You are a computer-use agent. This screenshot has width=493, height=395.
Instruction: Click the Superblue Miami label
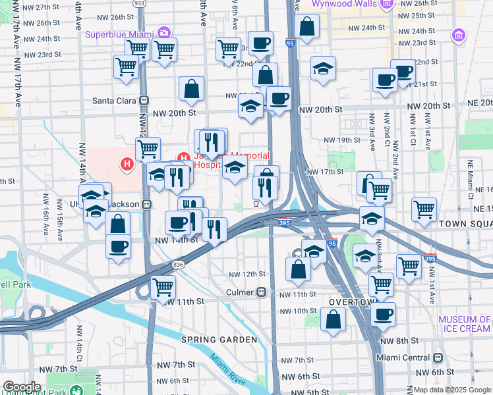coord(119,34)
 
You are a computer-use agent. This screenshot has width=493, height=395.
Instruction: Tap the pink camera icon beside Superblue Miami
coord(163,33)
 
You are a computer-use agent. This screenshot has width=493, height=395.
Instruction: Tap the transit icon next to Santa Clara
coord(143,101)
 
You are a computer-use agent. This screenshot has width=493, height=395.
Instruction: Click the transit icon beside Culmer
coord(262,291)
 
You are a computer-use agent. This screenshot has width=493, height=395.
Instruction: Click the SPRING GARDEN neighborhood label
coord(219,340)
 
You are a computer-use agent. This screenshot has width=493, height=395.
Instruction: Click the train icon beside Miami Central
coord(437,357)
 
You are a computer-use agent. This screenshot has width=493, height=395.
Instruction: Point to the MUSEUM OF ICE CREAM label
coord(465,324)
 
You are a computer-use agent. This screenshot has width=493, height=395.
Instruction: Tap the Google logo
coord(22,386)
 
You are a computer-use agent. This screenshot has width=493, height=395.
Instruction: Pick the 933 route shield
coord(140,3)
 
